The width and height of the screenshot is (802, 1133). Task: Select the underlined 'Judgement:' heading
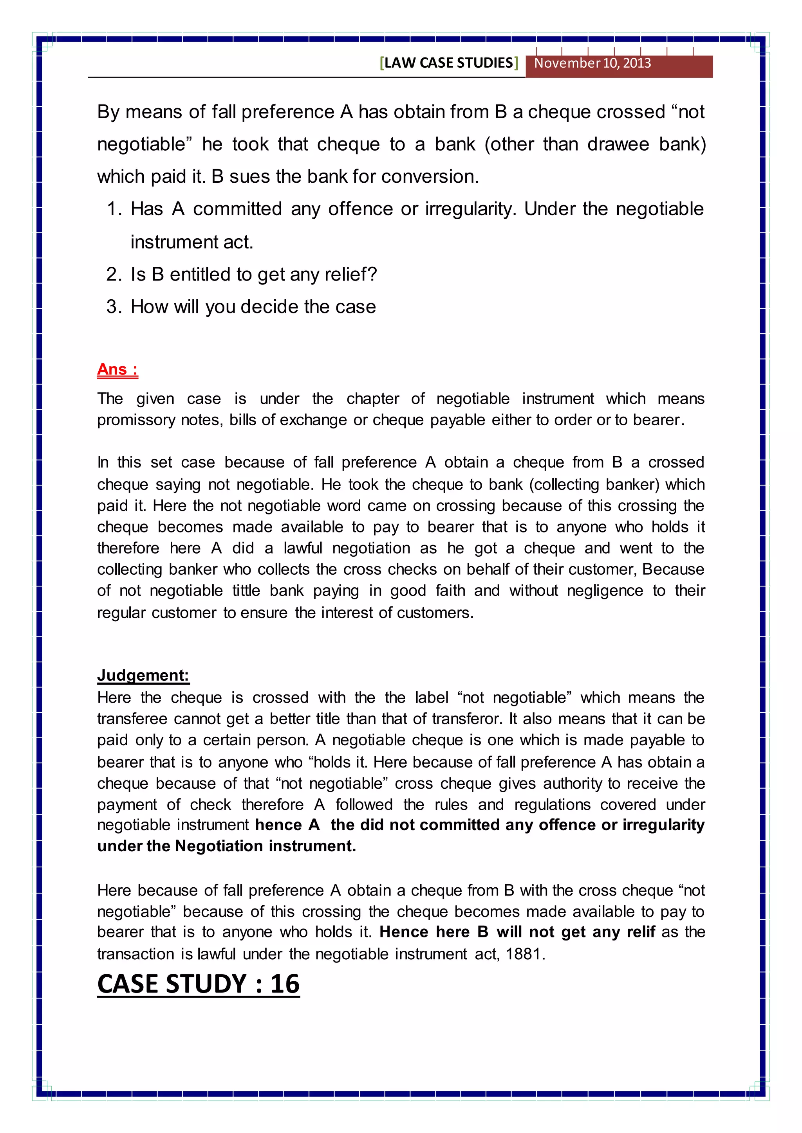(x=143, y=674)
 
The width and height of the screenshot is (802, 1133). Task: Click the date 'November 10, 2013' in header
(x=592, y=63)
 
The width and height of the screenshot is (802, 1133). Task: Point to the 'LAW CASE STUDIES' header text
(x=448, y=63)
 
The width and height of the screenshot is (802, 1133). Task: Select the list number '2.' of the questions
(x=114, y=274)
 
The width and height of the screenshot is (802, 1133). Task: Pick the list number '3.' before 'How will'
(x=114, y=307)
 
